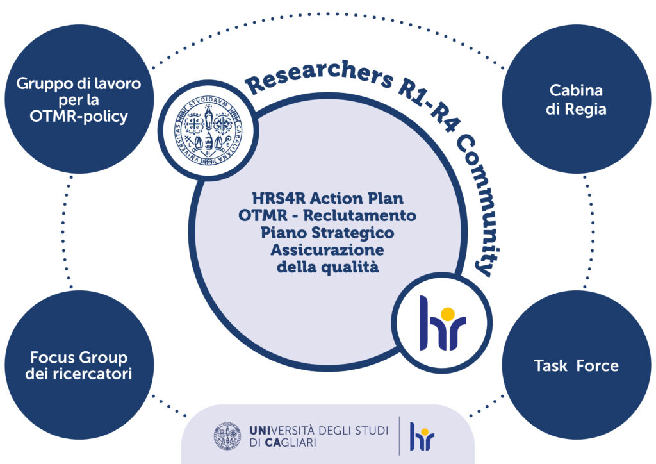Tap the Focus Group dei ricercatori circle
[x=78, y=366]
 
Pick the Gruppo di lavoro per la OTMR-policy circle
[x=78, y=100]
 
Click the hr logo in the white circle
[x=442, y=323]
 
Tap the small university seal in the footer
[x=228, y=436]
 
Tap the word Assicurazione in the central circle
[x=327, y=249]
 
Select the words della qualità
[x=327, y=267]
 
